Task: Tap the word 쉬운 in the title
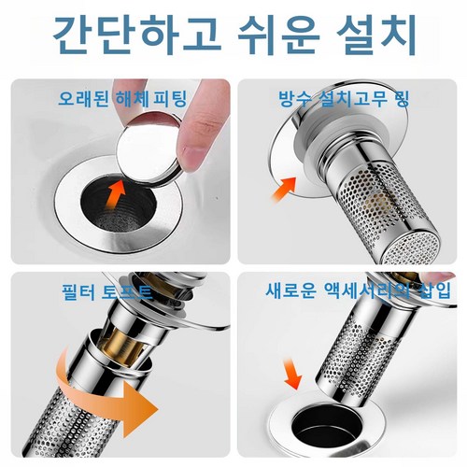tap(279, 35)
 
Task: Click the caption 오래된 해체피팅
tap(122, 99)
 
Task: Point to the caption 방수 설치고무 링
tap(344, 99)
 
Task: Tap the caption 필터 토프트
tap(106, 292)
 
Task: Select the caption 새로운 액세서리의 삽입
tap(358, 290)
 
